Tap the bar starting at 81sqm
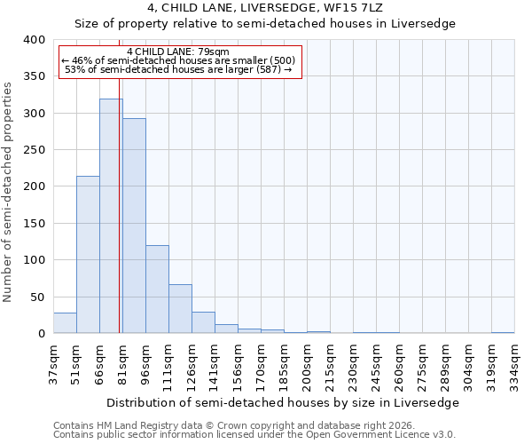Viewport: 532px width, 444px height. click(134, 226)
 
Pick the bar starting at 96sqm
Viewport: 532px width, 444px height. click(157, 289)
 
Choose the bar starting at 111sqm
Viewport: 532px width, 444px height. click(180, 309)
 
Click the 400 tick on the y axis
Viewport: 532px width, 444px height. click(33, 40)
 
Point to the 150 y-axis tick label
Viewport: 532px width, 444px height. click(33, 224)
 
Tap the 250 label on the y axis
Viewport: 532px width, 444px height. click(33, 150)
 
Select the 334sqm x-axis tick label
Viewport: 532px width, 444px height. click(514, 365)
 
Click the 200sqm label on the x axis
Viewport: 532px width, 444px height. click(307, 365)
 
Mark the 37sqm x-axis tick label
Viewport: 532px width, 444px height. click(53, 365)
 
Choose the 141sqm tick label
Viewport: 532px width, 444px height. click(215, 365)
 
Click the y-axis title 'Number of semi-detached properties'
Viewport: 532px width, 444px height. click(8, 192)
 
